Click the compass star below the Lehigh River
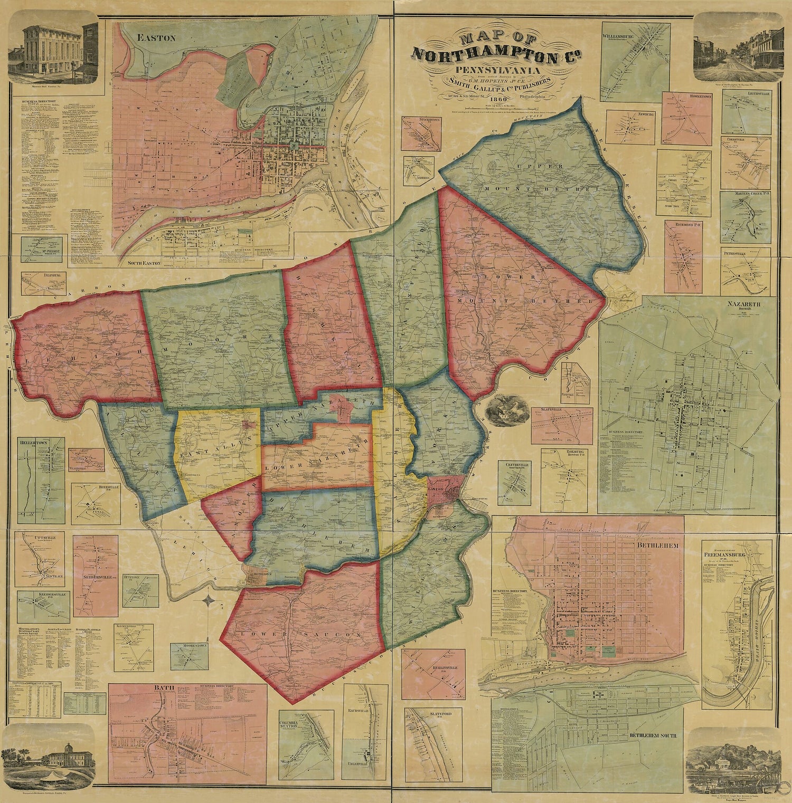[209, 600]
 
